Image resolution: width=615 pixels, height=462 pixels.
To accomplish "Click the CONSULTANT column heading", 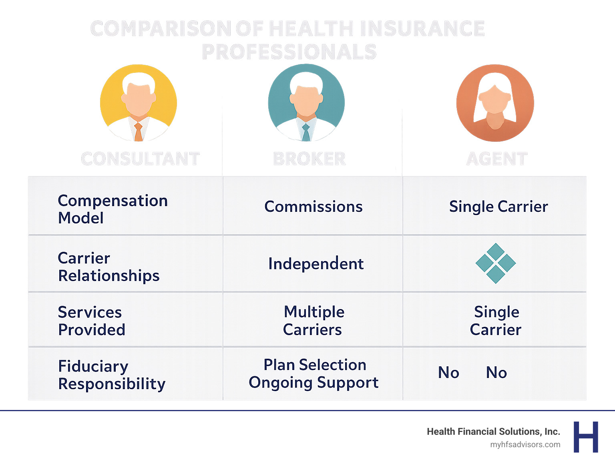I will click(x=140, y=159).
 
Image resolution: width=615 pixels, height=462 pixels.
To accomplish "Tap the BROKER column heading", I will click(x=310, y=159).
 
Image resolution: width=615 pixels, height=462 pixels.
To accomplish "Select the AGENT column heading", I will click(x=497, y=159).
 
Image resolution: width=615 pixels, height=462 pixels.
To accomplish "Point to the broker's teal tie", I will click(x=306, y=133).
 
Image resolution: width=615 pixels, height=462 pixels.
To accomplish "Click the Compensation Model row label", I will click(x=113, y=209).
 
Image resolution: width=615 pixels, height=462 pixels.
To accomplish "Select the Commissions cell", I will click(x=314, y=207).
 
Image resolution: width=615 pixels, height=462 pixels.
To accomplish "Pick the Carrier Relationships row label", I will click(x=109, y=267).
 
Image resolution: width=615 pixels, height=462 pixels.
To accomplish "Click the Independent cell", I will click(x=316, y=264).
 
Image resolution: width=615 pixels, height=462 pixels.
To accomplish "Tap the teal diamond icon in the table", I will click(x=496, y=263).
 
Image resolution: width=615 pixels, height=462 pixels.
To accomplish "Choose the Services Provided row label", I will click(x=91, y=321).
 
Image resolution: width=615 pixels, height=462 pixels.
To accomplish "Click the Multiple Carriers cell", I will click(x=314, y=321).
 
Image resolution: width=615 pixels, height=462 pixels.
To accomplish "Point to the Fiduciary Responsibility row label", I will click(x=111, y=375).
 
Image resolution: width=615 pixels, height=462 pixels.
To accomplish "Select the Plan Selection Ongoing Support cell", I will click(x=314, y=374).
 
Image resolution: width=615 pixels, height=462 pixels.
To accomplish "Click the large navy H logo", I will click(x=586, y=437).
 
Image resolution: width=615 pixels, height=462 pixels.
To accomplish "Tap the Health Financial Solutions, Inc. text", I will click(x=493, y=432).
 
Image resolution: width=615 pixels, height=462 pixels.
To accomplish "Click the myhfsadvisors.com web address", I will click(x=525, y=444).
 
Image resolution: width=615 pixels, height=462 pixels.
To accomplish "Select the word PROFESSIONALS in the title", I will click(x=289, y=52).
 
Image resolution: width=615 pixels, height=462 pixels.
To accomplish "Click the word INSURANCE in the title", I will click(x=422, y=29).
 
